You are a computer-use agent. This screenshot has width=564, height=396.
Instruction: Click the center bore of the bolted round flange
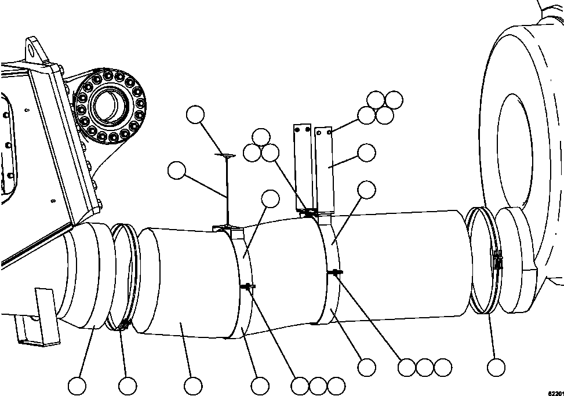pos(108,106)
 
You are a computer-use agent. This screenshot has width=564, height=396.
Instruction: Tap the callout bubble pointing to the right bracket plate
pos(366,152)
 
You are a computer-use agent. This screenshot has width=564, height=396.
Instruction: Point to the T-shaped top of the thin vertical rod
pos(225,155)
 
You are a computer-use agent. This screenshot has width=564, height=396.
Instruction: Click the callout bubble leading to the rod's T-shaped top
pos(195,114)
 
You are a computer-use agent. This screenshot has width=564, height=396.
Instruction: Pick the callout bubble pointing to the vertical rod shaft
pos(177,170)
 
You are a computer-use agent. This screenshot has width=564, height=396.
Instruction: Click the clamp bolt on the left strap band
pos(248,286)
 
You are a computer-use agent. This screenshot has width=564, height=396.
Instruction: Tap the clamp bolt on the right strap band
pos(335,273)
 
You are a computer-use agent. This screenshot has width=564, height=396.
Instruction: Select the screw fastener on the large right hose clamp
pos(497,260)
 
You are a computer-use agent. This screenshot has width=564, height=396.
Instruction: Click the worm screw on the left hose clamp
pos(123,325)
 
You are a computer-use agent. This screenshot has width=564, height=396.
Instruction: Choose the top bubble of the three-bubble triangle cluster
pos(261,137)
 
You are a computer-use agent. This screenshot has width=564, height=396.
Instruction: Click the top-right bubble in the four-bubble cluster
pos(394,100)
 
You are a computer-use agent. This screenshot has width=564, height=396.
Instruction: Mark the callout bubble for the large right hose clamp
pos(496,368)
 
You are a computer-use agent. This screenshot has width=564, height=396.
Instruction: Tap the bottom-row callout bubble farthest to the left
pos(77,386)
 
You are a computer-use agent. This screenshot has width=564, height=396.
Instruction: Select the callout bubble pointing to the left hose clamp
pos(128,386)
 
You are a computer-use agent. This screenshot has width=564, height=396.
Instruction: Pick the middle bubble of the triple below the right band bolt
pos(424,368)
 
